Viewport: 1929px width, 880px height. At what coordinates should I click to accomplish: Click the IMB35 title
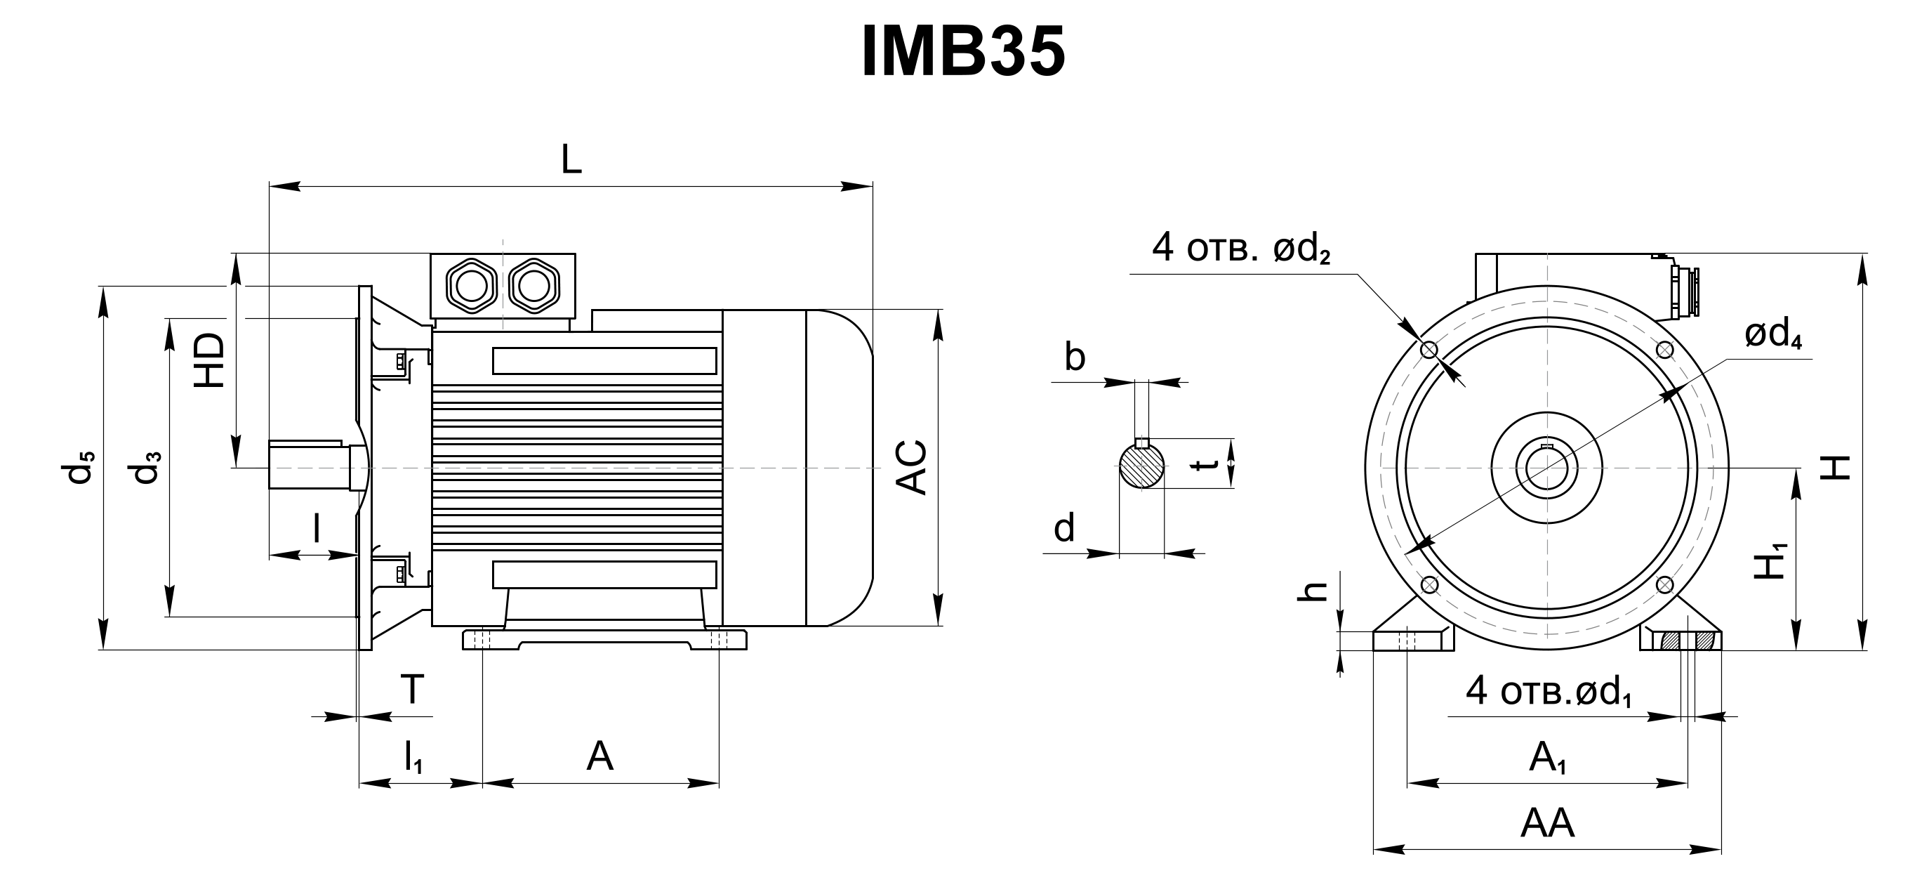coord(963,52)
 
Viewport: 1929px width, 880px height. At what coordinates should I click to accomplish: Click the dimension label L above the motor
coord(571,159)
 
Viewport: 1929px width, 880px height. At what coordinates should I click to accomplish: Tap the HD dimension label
coord(211,360)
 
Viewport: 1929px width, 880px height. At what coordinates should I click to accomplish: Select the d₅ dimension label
coord(80,467)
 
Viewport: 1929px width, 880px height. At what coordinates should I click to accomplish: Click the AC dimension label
coord(912,467)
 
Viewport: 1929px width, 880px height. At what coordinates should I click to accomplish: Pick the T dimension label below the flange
coord(412,688)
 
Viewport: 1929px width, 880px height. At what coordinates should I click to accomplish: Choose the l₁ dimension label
coord(413,756)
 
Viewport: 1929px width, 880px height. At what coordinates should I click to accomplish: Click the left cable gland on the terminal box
coord(471,285)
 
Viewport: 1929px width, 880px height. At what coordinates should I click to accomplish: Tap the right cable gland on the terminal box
coord(534,285)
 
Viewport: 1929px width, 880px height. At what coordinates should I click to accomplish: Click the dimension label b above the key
coord(1075,358)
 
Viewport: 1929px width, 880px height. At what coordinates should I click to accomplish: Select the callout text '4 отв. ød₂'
coord(1241,247)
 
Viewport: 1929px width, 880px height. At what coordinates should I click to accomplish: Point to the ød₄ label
coord(1772,336)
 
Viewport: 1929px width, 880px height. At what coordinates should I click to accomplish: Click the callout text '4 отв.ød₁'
coord(1549,691)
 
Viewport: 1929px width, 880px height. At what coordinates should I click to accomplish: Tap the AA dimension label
coord(1547,823)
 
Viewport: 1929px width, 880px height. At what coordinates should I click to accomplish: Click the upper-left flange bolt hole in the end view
coord(1428,350)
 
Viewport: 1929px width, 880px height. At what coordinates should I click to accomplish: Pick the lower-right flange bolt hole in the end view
coord(1665,584)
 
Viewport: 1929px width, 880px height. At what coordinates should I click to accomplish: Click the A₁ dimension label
coord(1547,758)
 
